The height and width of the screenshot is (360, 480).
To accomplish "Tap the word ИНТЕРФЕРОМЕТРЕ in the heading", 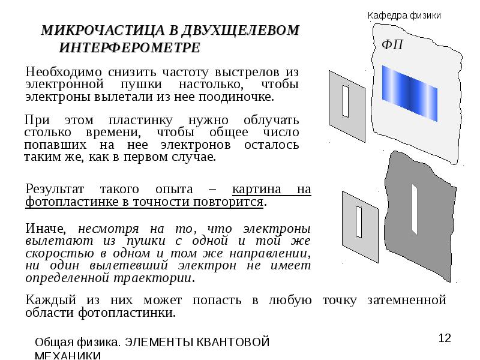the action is click(x=130, y=47).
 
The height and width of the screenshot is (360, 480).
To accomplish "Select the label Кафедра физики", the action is click(x=404, y=16).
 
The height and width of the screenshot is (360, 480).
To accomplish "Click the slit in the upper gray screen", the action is click(x=345, y=101).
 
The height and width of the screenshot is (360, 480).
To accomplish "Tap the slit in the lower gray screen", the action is click(x=359, y=221).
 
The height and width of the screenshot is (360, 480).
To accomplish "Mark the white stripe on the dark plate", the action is click(x=414, y=209).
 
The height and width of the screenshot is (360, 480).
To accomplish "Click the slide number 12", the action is click(x=444, y=338).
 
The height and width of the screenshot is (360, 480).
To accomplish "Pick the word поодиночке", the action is click(x=241, y=96).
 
